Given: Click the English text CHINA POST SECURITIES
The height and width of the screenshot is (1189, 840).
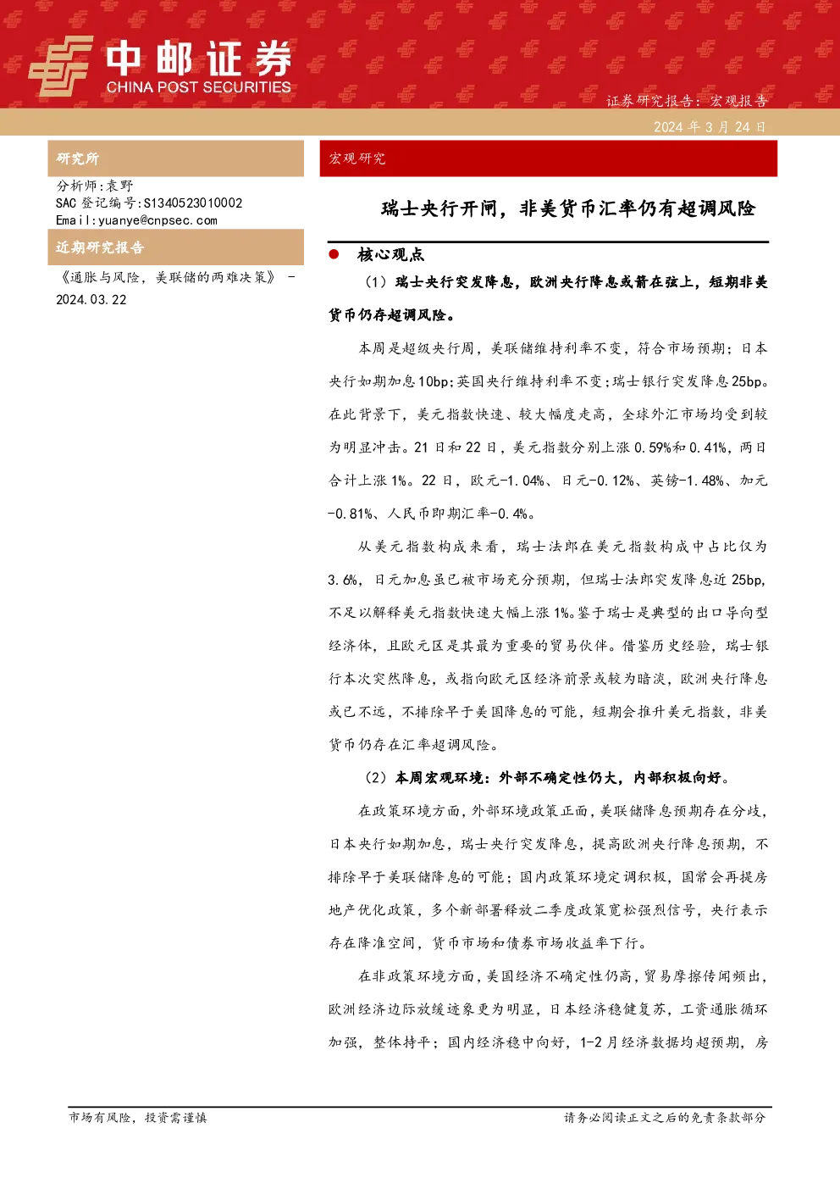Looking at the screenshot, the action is point(198,87).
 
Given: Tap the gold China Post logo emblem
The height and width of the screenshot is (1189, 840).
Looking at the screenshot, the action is point(60,66).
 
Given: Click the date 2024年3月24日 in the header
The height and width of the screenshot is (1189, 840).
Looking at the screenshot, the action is point(710,127).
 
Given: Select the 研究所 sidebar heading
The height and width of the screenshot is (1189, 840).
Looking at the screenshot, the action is point(77,158).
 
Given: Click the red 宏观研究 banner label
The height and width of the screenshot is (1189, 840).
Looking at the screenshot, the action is point(356,158).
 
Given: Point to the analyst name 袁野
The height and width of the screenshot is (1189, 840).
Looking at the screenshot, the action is point(120,186).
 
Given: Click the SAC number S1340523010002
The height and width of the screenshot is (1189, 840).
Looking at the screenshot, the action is point(193,203).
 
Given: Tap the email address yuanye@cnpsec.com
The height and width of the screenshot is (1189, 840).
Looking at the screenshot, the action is point(158,220).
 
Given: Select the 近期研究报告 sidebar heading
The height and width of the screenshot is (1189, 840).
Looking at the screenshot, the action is point(100,247).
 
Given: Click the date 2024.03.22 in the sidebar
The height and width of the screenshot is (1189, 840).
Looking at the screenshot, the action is point(91,299).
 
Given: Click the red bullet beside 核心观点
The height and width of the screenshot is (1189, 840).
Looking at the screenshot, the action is point(334,254).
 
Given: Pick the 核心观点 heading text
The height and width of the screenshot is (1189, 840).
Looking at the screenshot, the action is point(391,255).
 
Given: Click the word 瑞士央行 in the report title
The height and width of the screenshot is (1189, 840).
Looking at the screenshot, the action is point(420,208).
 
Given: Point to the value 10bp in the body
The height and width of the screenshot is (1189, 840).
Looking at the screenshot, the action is point(433,381).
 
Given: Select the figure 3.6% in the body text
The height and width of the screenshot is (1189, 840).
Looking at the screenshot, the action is point(342,580).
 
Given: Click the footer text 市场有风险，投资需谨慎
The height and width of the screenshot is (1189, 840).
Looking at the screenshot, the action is point(138,1117).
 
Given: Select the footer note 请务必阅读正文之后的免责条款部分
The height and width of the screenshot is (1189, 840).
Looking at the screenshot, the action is point(665,1117).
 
